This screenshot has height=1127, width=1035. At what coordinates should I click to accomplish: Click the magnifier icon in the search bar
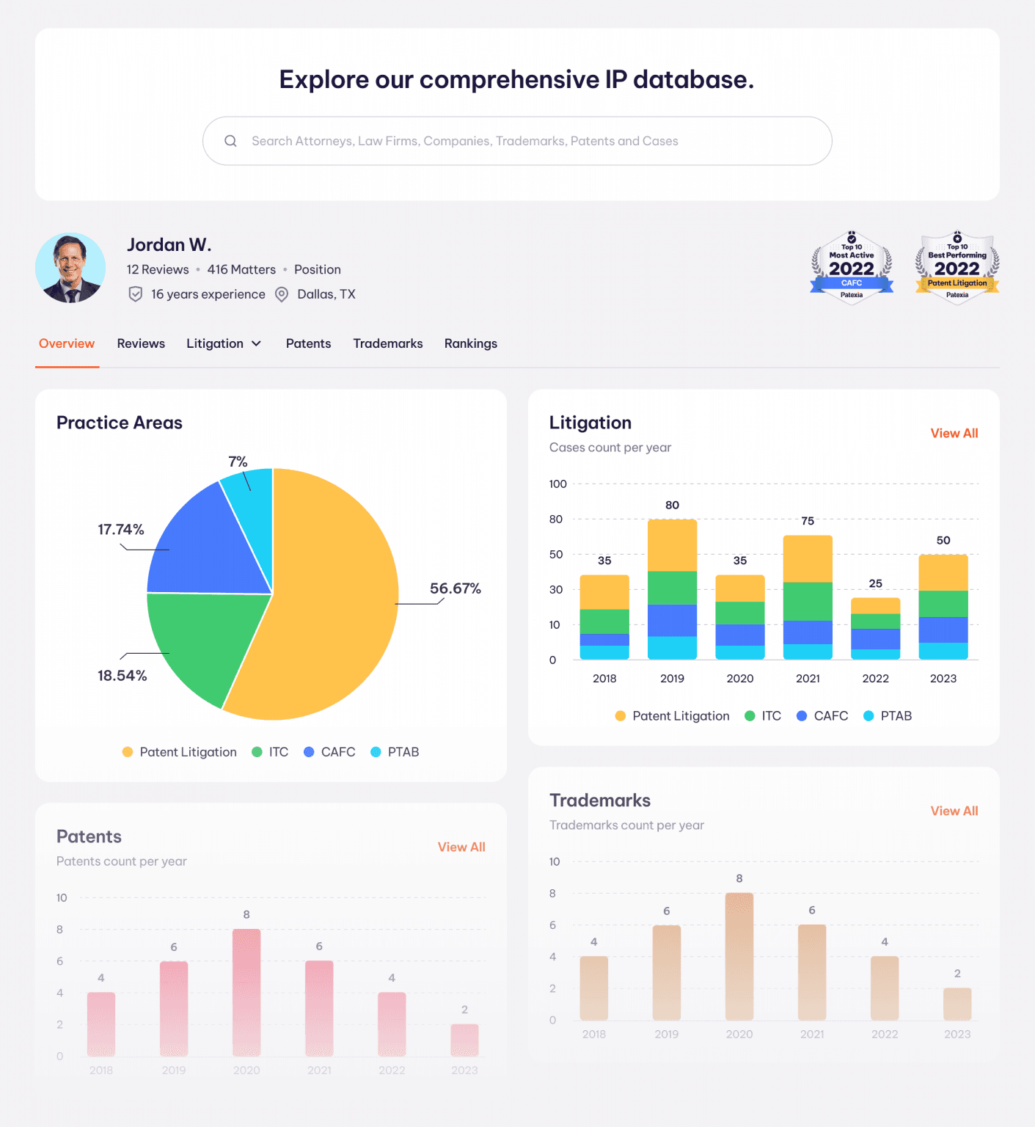tap(230, 141)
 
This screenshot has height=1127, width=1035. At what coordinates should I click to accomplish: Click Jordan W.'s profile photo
tap(70, 268)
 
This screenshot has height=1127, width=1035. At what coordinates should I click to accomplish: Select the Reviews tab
tap(141, 343)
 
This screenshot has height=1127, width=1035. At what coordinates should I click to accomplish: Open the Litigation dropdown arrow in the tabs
tap(257, 343)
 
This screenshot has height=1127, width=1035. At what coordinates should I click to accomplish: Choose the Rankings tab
tap(470, 343)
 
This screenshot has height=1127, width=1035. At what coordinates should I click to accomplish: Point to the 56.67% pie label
tap(455, 588)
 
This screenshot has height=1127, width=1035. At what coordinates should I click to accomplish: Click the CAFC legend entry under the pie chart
tap(330, 752)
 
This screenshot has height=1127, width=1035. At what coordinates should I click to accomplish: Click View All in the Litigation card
tap(954, 433)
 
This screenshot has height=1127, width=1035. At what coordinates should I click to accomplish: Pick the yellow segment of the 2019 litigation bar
tap(672, 544)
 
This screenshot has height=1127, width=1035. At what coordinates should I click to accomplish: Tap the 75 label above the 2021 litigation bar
tap(808, 521)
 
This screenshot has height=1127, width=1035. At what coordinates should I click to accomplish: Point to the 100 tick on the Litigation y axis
tap(557, 484)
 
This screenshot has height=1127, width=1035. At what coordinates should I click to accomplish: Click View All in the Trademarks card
tap(954, 811)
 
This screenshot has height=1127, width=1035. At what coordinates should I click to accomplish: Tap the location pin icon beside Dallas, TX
tap(282, 294)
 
